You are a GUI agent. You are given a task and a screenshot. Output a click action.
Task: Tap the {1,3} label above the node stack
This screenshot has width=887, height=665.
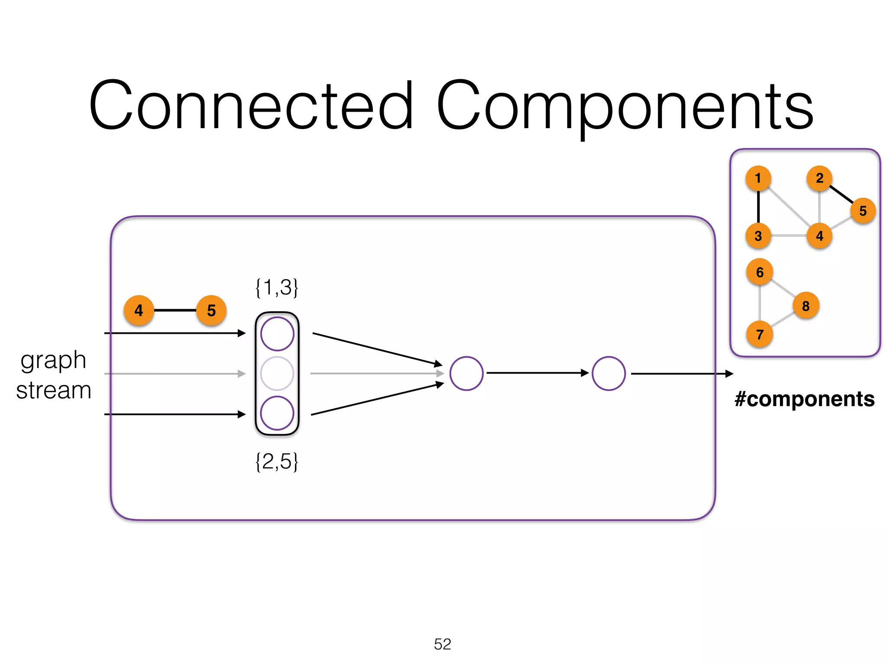pyautogui.click(x=277, y=287)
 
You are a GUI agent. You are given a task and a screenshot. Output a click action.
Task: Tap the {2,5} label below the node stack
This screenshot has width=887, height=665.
pyautogui.click(x=277, y=462)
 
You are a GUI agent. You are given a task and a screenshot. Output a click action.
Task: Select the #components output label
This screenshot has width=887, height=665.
pyautogui.click(x=804, y=399)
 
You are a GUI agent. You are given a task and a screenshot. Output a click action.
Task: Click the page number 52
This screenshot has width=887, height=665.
pyautogui.click(x=442, y=644)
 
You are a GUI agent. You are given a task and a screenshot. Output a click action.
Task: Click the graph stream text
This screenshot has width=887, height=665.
pyautogui.click(x=53, y=375)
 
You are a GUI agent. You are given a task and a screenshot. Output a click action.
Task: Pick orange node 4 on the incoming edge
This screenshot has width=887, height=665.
pyautogui.click(x=139, y=310)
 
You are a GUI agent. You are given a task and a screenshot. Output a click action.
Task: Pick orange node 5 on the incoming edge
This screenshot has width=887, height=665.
pyautogui.click(x=211, y=310)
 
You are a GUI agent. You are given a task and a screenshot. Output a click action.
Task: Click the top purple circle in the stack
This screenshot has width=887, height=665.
pyautogui.click(x=277, y=334)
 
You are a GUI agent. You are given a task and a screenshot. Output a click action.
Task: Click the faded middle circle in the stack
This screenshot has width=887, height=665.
pyautogui.click(x=277, y=373)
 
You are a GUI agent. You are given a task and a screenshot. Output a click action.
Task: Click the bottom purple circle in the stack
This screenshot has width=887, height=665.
pyautogui.click(x=277, y=413)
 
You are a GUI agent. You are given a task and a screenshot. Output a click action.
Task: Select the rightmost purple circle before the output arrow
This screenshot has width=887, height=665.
pyautogui.click(x=609, y=373)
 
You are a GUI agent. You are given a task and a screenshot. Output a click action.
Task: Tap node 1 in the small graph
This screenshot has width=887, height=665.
pyautogui.click(x=758, y=178)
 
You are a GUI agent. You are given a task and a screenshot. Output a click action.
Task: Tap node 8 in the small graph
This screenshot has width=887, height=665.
pyautogui.click(x=806, y=306)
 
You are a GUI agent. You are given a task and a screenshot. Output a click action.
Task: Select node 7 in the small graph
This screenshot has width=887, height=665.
pyautogui.click(x=760, y=334)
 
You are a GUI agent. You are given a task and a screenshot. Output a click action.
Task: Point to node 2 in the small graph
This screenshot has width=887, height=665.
pyautogui.click(x=819, y=178)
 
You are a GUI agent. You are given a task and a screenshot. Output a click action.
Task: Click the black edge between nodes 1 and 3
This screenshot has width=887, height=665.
pyautogui.click(x=758, y=207)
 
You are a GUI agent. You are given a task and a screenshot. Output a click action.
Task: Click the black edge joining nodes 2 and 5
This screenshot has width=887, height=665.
pyautogui.click(x=841, y=194)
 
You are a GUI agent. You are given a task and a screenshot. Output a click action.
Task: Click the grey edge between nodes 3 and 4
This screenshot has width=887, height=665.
pyautogui.click(x=789, y=236)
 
